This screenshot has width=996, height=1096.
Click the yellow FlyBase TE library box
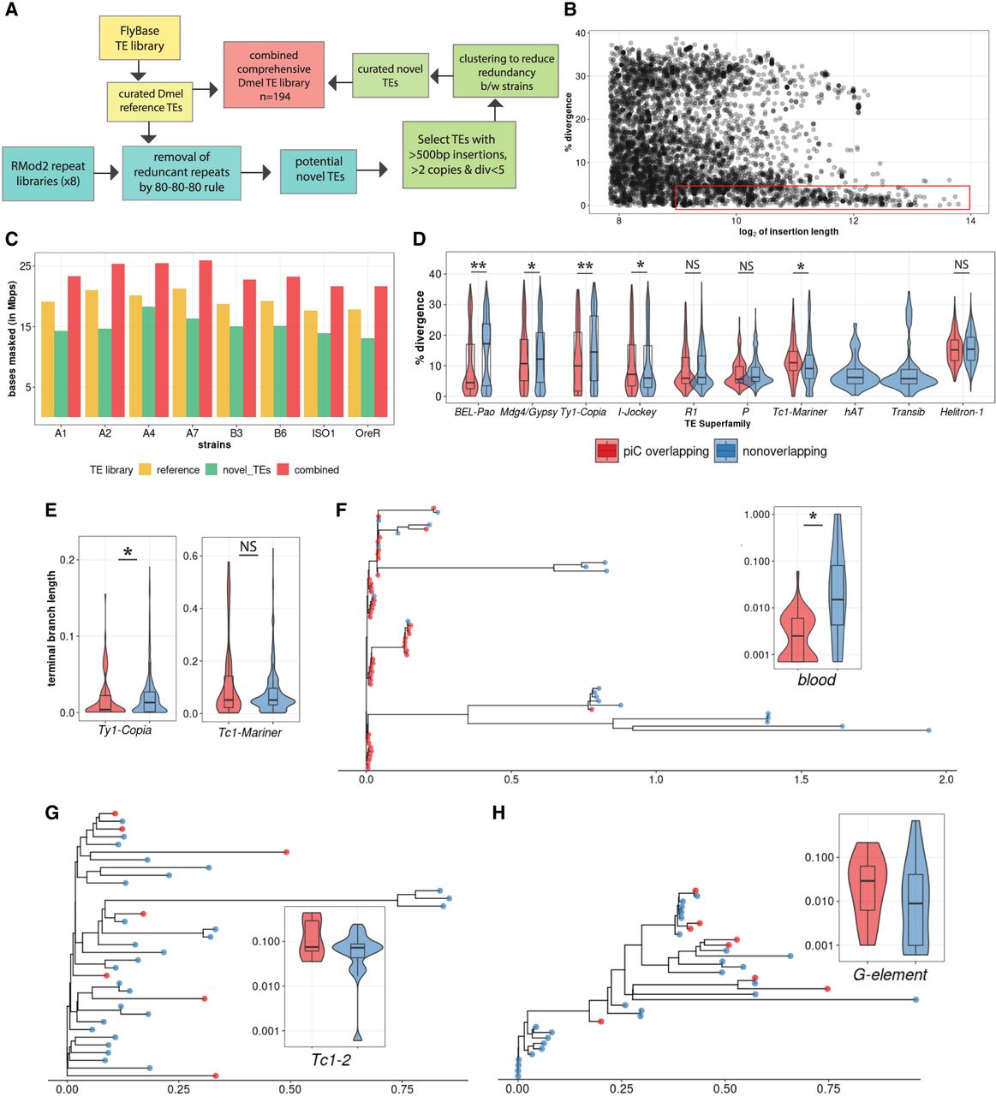tap(140, 39)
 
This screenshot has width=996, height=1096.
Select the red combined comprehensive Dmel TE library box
tap(274, 75)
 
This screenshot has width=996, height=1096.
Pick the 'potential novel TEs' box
tap(319, 169)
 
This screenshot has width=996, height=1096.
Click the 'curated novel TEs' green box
tap(390, 75)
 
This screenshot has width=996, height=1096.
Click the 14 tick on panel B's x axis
tap(969, 221)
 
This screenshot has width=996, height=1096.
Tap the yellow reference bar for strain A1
tap(48, 360)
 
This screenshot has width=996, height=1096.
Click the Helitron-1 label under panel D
tap(961, 412)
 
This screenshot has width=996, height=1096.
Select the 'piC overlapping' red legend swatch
tap(606, 450)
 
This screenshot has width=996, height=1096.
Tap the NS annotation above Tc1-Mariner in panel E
tap(248, 546)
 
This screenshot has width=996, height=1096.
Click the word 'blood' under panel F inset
tap(816, 680)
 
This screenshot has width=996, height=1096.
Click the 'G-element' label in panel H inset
tap(891, 974)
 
